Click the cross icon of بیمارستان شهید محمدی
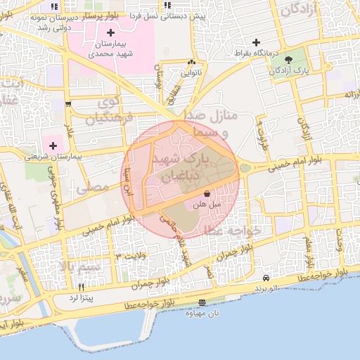pos(110,33)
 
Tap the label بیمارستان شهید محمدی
pos(110,50)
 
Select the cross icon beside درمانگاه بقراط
pos(256,42)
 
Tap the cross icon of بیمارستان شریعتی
pos(53,144)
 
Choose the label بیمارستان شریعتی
pos(53,156)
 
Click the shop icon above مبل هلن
pos(207,193)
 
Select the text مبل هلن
pos(207,204)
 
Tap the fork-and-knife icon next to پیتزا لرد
pos(82,287)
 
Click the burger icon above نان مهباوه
pos(202,302)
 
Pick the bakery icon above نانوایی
pos(191,62)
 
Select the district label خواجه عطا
pos(233,230)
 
